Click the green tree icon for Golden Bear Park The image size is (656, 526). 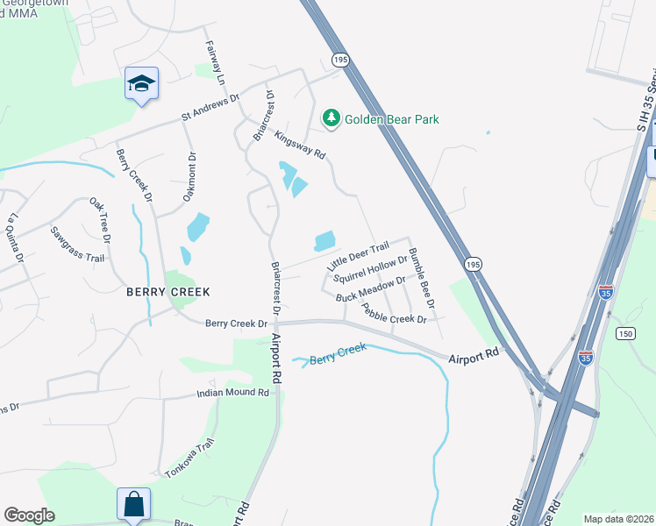point(331,117)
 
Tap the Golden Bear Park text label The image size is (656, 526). point(391,119)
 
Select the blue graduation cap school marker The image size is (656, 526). point(141,83)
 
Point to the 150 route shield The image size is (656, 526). point(624,333)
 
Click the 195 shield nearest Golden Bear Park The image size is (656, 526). point(341,59)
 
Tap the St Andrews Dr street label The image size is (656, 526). point(210,106)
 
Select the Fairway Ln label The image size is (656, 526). point(216,62)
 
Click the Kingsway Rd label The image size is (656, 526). point(300,145)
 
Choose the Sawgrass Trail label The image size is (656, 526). point(77,245)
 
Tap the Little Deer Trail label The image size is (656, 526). point(357,256)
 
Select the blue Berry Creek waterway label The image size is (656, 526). point(337,355)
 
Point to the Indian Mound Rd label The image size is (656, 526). point(232,394)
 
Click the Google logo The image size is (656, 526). point(29,515)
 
